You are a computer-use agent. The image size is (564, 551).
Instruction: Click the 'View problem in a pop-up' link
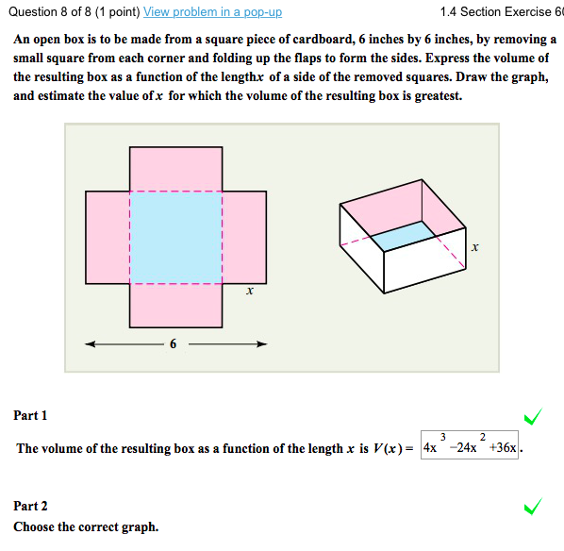[x=212, y=12]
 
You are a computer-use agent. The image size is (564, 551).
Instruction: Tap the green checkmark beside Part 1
[x=533, y=416]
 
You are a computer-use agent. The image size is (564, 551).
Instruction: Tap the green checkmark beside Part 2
[x=533, y=508]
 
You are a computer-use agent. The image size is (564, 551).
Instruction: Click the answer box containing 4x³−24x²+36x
[x=470, y=446]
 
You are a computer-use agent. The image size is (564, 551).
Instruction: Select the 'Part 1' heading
[x=30, y=415]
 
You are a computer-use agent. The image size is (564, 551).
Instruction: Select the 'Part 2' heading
[x=30, y=507]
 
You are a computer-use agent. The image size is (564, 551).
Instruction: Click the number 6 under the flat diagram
[x=174, y=343]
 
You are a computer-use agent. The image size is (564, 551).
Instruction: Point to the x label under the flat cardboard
[x=248, y=292]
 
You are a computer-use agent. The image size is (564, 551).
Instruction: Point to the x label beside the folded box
[x=474, y=248]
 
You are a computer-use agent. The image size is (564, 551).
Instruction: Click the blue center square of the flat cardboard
[x=175, y=238]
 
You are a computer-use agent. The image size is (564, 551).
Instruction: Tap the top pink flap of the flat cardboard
[x=175, y=169]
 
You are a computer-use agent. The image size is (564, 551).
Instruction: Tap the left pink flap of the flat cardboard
[x=107, y=238]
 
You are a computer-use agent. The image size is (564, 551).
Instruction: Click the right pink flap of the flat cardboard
[x=244, y=238]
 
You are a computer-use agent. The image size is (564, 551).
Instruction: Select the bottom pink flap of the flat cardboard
[x=175, y=305]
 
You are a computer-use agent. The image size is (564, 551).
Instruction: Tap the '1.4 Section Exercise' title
[x=500, y=12]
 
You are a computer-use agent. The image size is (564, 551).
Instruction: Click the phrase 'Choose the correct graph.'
[x=86, y=526]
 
